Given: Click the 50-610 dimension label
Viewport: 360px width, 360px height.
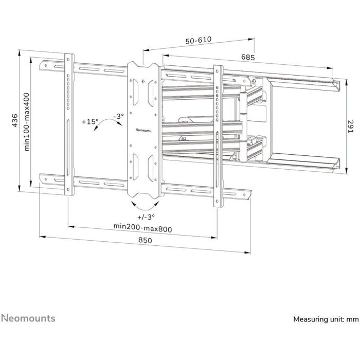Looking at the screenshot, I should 196,40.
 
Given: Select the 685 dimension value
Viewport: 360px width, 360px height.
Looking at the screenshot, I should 248,58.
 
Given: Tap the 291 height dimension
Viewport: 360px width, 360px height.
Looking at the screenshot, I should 350,127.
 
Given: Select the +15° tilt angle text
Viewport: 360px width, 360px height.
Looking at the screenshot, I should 89,122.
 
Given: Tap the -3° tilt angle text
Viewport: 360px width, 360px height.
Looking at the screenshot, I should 119,116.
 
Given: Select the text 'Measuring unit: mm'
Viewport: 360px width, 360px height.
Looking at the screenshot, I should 325,319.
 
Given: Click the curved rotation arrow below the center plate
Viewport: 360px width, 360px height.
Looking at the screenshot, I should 143,204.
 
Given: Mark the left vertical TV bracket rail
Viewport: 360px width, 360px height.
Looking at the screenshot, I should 68,123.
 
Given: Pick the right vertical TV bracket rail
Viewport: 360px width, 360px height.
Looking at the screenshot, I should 218,135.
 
